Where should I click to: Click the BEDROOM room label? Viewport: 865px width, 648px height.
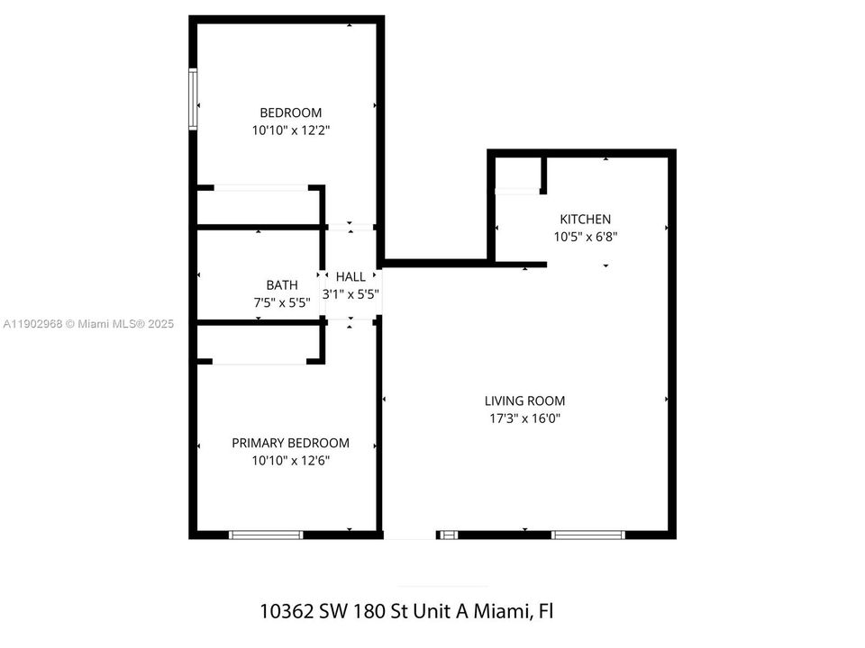290,112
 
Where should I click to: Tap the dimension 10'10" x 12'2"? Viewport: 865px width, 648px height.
290,130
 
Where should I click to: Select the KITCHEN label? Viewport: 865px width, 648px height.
585,219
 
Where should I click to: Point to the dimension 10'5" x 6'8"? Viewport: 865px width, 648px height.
585,236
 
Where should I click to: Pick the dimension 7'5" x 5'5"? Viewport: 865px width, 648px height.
281,302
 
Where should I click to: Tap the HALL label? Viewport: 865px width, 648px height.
351,277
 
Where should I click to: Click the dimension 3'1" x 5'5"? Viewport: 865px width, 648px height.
351,293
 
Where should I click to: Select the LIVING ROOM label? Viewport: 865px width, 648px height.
524,400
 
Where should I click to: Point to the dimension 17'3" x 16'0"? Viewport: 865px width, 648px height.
524,418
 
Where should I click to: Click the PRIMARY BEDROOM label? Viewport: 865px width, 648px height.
290,443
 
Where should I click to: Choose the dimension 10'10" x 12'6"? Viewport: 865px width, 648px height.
290,460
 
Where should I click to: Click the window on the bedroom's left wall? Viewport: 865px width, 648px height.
193,99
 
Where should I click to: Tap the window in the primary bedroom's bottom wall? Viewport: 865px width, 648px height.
266,535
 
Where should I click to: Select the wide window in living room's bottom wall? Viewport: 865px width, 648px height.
587,535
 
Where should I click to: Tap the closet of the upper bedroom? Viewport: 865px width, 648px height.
258,206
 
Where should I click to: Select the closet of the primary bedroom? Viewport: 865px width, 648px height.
258,343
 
